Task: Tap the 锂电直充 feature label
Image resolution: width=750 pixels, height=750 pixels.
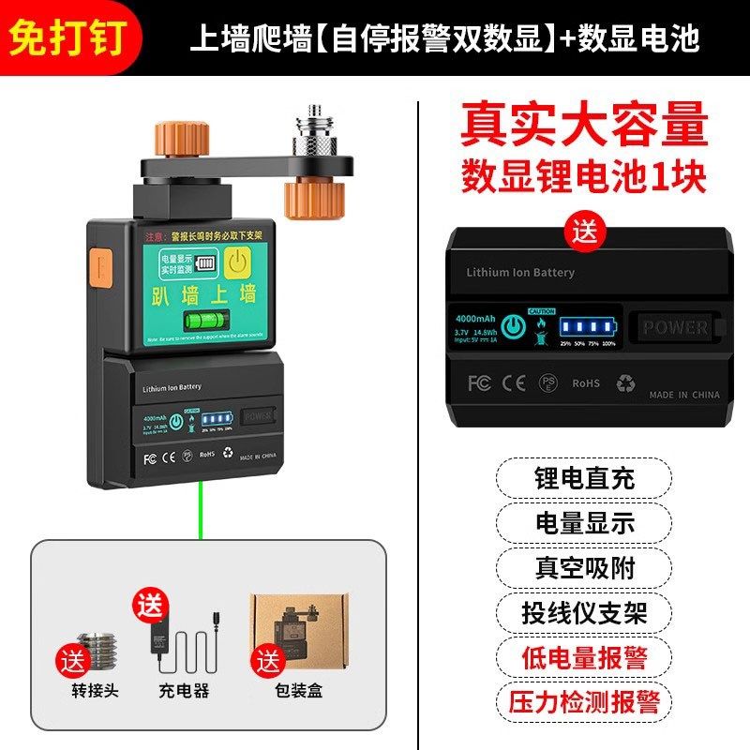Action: click(578, 478)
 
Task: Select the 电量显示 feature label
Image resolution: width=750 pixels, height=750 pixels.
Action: click(578, 523)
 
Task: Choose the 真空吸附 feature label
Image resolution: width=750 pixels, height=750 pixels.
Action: click(578, 567)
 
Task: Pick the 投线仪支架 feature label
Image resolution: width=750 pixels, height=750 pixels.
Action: click(578, 612)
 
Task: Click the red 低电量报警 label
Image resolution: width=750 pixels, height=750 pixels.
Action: click(578, 656)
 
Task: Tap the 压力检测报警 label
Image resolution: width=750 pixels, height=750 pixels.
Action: click(578, 701)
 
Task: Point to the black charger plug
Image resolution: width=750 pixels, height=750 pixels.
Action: click(157, 635)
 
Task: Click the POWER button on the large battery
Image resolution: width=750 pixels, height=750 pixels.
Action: click(674, 328)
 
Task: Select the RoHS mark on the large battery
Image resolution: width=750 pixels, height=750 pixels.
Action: click(585, 383)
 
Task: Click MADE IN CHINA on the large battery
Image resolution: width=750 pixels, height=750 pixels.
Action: click(684, 395)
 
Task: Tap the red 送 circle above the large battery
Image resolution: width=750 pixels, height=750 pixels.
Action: click(585, 229)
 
